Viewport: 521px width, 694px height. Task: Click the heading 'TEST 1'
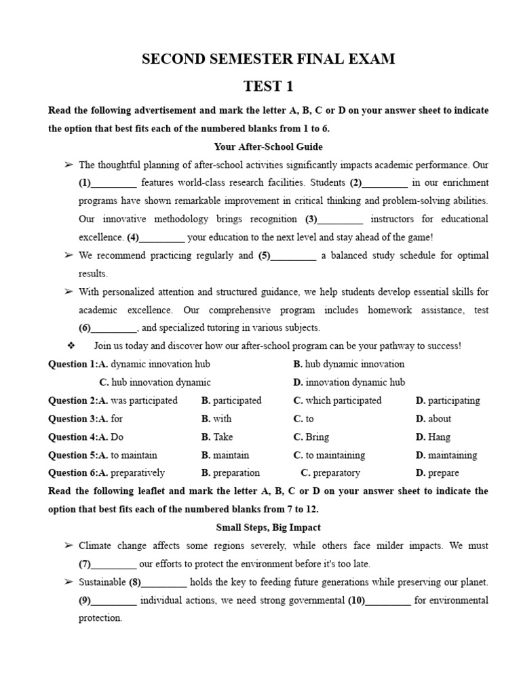pos(268,86)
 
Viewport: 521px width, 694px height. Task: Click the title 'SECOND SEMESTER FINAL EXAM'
pos(268,60)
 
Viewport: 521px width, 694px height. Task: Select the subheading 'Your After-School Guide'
pos(268,146)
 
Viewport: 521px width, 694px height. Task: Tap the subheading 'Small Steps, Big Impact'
pos(268,527)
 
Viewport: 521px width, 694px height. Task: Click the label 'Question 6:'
pos(73,473)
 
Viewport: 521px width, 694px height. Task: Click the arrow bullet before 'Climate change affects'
pos(68,546)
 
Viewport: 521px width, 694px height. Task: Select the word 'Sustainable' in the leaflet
pos(102,582)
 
